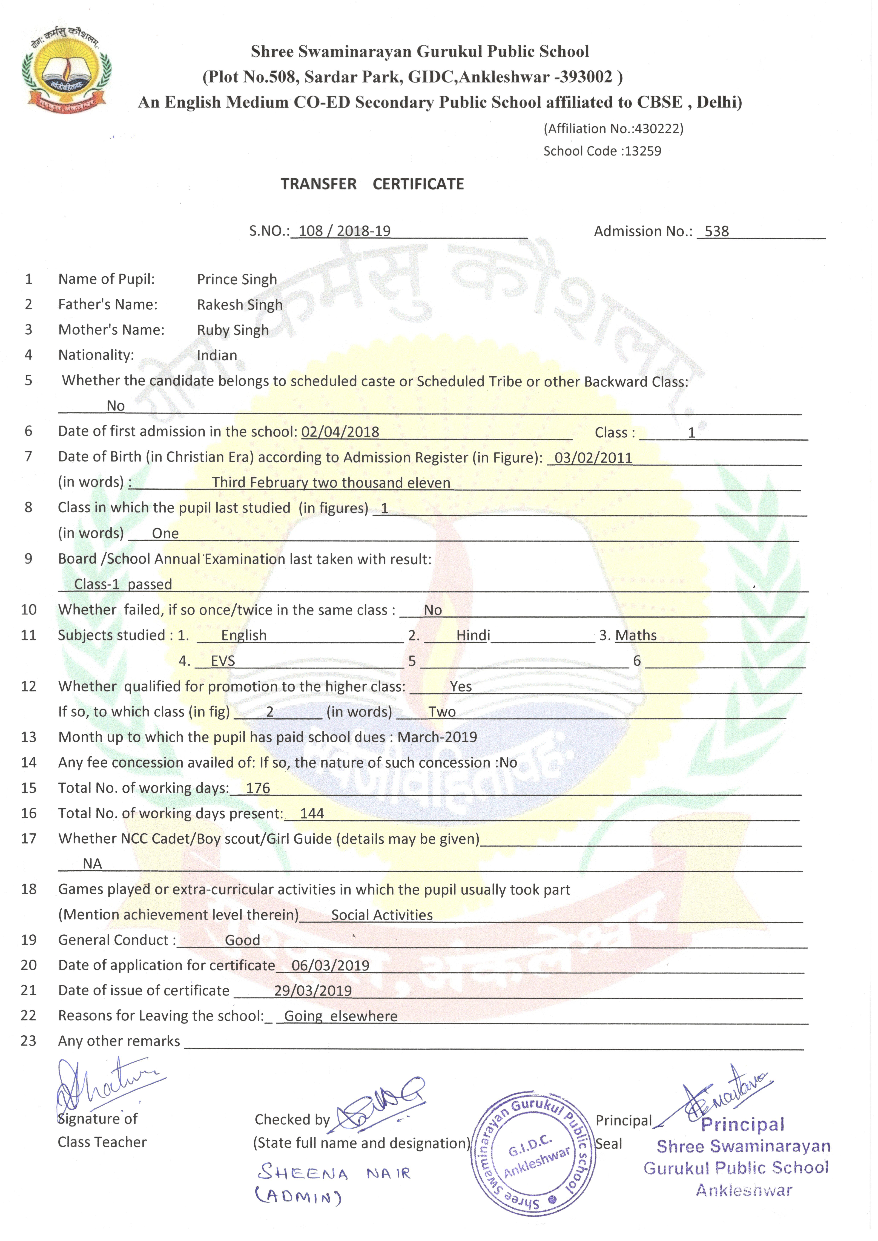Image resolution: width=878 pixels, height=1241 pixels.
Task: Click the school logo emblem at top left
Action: coord(67,70)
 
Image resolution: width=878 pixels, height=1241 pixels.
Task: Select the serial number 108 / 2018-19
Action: coord(344,231)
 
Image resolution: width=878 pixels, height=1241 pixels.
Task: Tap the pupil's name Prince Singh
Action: coord(237,279)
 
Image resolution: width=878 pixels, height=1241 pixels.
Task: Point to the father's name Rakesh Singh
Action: coord(240,305)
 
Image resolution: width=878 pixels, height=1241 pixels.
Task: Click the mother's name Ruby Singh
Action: coord(233,330)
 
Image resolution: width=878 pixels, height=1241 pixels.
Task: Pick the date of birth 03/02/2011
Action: coord(593,458)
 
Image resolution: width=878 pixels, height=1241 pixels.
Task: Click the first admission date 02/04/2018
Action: coord(340,432)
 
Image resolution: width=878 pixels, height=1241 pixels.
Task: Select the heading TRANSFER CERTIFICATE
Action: coord(372,184)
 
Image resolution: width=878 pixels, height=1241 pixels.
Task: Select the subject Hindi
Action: coord(473,636)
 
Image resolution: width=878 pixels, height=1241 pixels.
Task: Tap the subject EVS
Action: coord(223,661)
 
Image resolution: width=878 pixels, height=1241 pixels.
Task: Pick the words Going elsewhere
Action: coord(341,1016)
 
